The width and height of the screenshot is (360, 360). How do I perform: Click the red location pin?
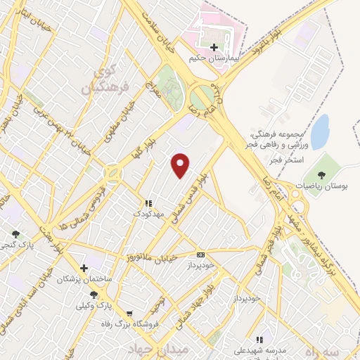tap(181, 165)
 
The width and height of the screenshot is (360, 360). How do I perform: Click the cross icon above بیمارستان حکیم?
tap(214, 47)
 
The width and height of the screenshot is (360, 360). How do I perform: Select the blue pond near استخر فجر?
tap(320, 130)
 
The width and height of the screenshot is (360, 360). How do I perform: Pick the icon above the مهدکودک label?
tap(148, 202)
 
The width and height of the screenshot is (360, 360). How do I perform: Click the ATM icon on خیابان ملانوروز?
tap(201, 255)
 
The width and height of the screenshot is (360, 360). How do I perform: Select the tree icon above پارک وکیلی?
tap(94, 295)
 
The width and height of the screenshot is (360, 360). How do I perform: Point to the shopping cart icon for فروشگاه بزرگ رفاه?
tap(129, 314)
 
